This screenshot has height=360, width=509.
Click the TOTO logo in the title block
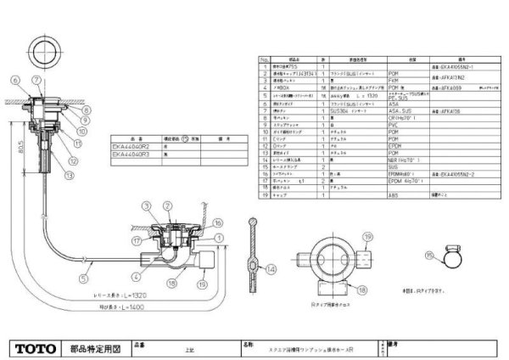[x=35, y=348]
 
